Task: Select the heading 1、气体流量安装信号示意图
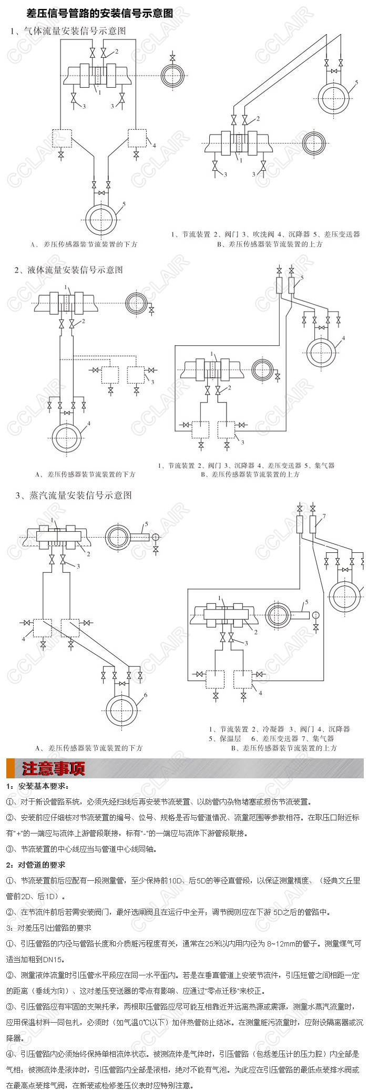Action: click(68, 31)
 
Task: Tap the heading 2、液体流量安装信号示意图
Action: click(69, 270)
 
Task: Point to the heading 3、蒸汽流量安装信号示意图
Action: click(74, 496)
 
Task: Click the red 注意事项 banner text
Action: click(53, 769)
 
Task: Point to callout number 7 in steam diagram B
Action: click(324, 516)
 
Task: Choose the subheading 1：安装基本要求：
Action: click(37, 786)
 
